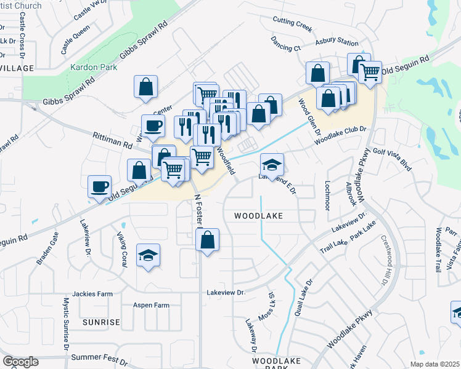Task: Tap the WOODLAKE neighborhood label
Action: [258, 216]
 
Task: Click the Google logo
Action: [20, 362]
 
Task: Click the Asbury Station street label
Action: [337, 42]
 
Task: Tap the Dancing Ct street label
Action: [285, 44]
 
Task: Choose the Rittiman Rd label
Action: [113, 140]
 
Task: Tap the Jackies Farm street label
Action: [92, 294]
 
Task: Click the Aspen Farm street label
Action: [151, 305]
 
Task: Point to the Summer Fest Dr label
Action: [99, 357]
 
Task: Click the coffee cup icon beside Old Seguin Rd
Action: [99, 186]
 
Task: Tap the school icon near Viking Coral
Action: [148, 255]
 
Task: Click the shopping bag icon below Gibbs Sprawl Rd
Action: [146, 87]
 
